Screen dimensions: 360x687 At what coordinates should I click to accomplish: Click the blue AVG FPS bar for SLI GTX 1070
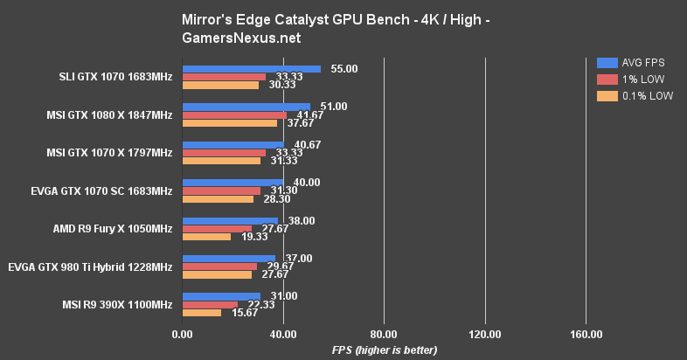pos(251,69)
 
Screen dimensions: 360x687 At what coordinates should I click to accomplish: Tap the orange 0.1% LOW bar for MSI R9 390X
pos(202,313)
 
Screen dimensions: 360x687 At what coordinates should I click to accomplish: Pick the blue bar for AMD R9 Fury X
pos(230,221)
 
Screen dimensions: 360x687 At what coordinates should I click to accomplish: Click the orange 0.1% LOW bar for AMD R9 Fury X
pos(206,237)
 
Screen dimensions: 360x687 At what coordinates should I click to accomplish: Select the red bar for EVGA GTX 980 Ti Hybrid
pos(219,267)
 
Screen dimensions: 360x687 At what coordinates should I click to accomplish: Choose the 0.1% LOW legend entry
pos(634,96)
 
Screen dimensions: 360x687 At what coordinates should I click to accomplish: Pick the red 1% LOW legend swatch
pos(607,80)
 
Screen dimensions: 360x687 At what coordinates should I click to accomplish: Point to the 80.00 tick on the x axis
pos(384,335)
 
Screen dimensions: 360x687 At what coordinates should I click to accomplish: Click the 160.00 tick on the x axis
pos(586,335)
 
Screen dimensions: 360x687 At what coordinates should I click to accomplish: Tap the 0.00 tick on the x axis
pos(182,335)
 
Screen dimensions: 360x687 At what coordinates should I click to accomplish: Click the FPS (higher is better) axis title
pos(384,350)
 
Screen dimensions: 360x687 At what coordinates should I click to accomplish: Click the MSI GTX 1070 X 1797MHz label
pos(109,153)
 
